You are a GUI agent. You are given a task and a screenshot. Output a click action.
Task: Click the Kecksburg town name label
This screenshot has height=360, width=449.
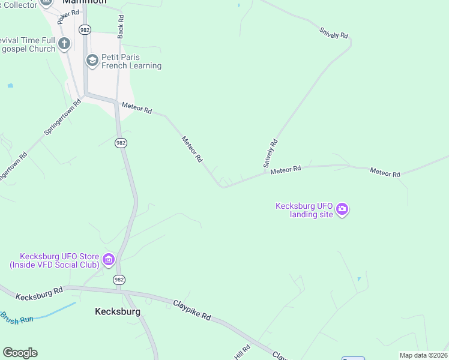click(x=118, y=311)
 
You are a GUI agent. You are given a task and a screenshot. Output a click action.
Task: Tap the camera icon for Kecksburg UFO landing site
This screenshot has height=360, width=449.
click(x=342, y=209)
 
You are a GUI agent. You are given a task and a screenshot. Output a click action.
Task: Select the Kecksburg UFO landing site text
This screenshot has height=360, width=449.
click(x=304, y=210)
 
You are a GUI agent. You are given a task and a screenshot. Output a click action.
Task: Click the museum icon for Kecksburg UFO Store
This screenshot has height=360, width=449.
click(x=109, y=260)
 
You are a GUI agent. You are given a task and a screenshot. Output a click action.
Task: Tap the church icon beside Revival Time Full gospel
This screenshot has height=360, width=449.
click(x=65, y=44)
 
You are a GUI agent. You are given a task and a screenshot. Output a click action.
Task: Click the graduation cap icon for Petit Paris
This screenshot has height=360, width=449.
click(x=92, y=59)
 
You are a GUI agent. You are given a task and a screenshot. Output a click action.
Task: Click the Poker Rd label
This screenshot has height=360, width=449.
click(x=68, y=17)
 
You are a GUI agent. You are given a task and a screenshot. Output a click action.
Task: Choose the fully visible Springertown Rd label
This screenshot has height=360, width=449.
click(x=62, y=117)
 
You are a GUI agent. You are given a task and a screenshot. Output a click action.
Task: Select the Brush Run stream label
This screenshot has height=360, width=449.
click(x=17, y=319)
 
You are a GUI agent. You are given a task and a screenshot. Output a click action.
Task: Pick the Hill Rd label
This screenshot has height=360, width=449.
click(x=242, y=352)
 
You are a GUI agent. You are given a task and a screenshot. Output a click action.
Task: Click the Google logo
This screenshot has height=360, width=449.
click(x=20, y=353)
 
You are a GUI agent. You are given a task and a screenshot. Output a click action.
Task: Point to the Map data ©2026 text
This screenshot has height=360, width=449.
click(x=423, y=355)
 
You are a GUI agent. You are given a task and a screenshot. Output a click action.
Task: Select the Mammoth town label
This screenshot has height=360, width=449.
click(x=84, y=2)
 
